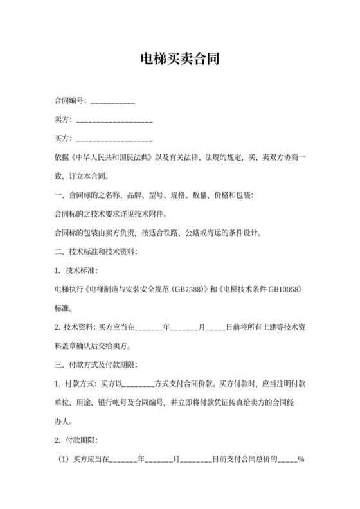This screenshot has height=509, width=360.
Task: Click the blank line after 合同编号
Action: pyautogui.click(x=113, y=102)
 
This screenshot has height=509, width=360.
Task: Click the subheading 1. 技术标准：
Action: pyautogui.click(x=77, y=271)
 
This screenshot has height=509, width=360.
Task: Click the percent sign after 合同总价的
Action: pyautogui.click(x=301, y=460)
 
